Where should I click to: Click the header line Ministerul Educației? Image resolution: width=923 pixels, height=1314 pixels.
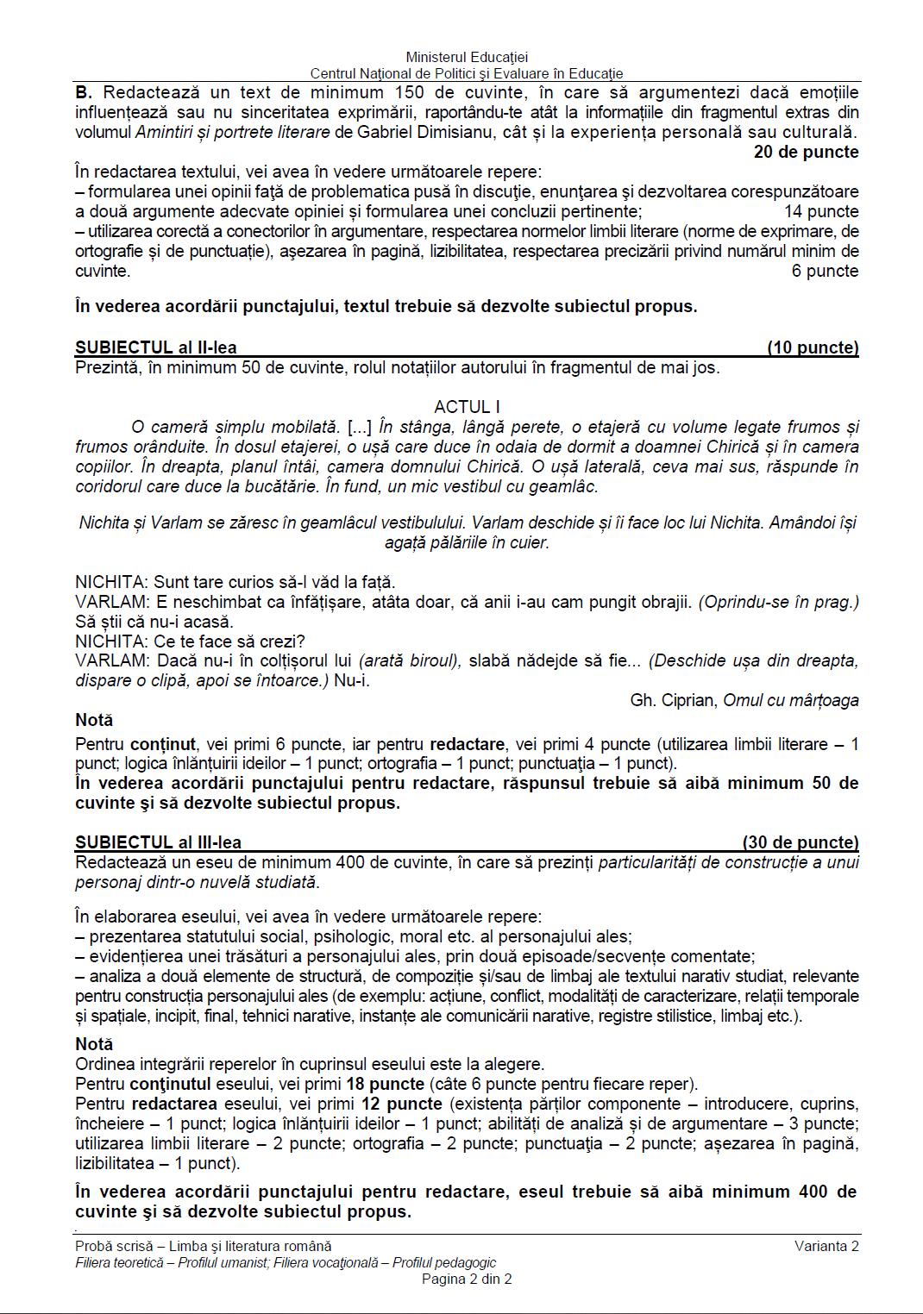click(466, 57)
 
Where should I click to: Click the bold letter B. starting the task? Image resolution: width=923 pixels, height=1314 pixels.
click(84, 92)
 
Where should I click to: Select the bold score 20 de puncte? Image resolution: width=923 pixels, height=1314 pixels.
click(806, 152)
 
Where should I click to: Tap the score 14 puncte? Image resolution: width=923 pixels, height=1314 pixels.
click(820, 211)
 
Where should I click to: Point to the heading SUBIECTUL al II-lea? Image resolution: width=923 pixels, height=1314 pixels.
click(156, 348)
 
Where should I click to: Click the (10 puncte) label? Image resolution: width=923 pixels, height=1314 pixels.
click(813, 348)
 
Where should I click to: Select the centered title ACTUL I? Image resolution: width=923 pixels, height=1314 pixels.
click(467, 407)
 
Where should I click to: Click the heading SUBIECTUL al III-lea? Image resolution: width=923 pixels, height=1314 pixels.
click(159, 842)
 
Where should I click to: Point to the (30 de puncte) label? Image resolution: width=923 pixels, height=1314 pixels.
click(801, 842)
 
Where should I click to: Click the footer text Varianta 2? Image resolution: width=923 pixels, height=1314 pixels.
click(826, 1245)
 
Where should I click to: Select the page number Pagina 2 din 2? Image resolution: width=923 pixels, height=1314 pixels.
click(467, 1279)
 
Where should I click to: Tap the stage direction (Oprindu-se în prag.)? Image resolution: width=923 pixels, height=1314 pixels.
click(778, 602)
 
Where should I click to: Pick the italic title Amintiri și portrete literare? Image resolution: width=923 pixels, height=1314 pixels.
click(233, 132)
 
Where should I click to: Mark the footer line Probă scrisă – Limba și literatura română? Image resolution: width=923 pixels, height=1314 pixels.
click(204, 1245)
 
